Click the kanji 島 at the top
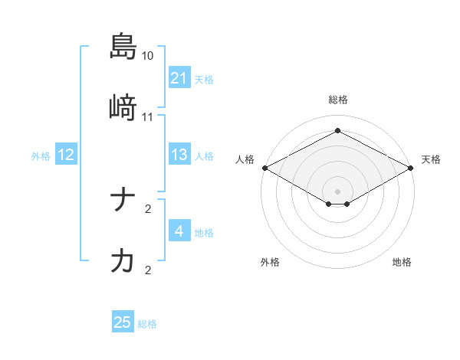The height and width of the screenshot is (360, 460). click(123, 46)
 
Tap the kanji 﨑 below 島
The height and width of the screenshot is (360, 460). click(123, 108)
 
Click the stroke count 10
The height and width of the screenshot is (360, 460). click(148, 56)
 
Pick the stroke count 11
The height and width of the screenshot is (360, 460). click(148, 117)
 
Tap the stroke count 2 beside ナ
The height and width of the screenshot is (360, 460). click(148, 208)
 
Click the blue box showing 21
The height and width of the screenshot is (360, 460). click(179, 78)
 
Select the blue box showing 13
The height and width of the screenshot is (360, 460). click(179, 155)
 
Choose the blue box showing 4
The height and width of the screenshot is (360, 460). click(179, 231)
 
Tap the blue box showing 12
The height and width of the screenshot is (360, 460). click(66, 155)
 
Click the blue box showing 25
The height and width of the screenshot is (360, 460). click(123, 323)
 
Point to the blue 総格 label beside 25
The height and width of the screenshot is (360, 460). click(147, 324)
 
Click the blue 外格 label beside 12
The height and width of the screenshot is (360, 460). click(41, 155)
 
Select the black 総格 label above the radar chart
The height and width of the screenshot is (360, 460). click(337, 100)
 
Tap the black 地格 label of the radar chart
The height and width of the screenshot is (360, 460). click(402, 263)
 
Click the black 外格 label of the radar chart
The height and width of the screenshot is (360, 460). click(270, 263)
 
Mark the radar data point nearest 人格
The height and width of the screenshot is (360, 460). click(264, 168)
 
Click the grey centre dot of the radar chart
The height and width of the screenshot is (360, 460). click(337, 191)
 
